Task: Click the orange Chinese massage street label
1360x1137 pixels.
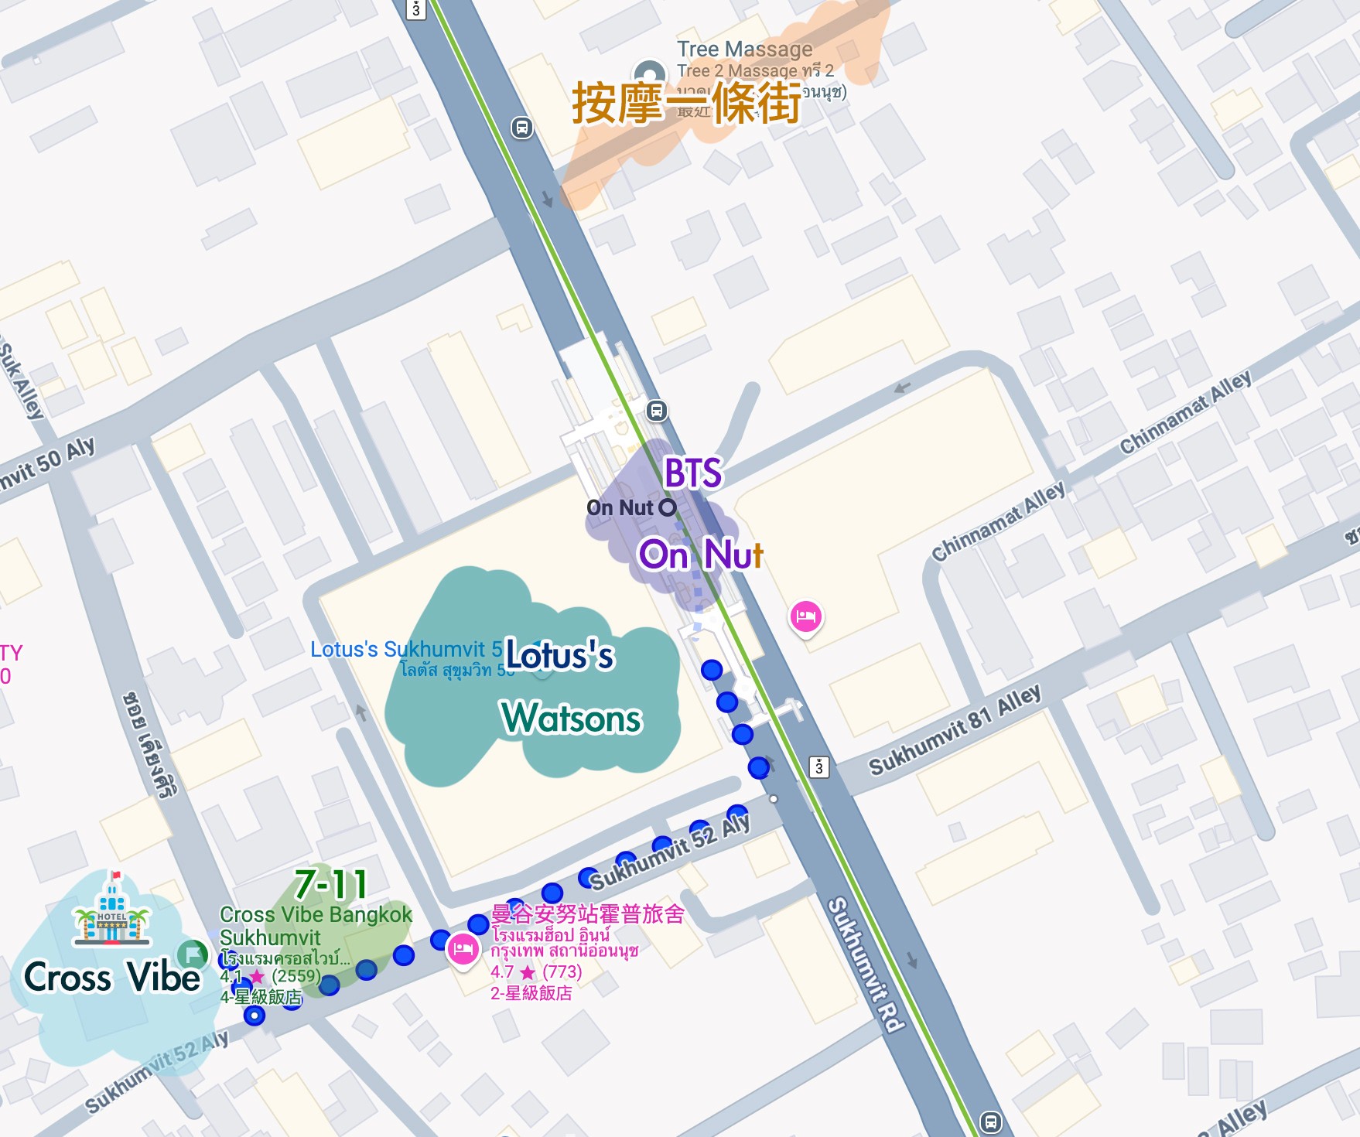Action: click(686, 104)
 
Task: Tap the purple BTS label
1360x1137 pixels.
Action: click(692, 473)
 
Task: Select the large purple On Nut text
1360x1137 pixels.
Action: click(700, 555)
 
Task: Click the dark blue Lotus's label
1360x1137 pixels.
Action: click(559, 656)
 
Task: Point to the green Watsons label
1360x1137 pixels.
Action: click(571, 718)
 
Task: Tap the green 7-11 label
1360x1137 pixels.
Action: click(331, 884)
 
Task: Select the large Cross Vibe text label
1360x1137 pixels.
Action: click(112, 977)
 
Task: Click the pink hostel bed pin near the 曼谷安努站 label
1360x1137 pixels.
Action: click(463, 948)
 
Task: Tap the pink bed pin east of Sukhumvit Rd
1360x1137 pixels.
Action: click(805, 616)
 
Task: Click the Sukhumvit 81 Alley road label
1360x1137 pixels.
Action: click(955, 731)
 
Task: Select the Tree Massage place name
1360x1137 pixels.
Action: click(744, 49)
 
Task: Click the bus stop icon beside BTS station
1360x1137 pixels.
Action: click(656, 411)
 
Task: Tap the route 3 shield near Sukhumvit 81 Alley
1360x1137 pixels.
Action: click(818, 767)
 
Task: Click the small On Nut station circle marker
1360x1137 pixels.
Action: click(667, 507)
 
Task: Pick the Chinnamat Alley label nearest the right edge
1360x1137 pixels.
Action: click(1185, 413)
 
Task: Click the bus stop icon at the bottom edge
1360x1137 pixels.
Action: click(990, 1121)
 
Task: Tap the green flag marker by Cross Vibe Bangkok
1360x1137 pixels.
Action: click(192, 954)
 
